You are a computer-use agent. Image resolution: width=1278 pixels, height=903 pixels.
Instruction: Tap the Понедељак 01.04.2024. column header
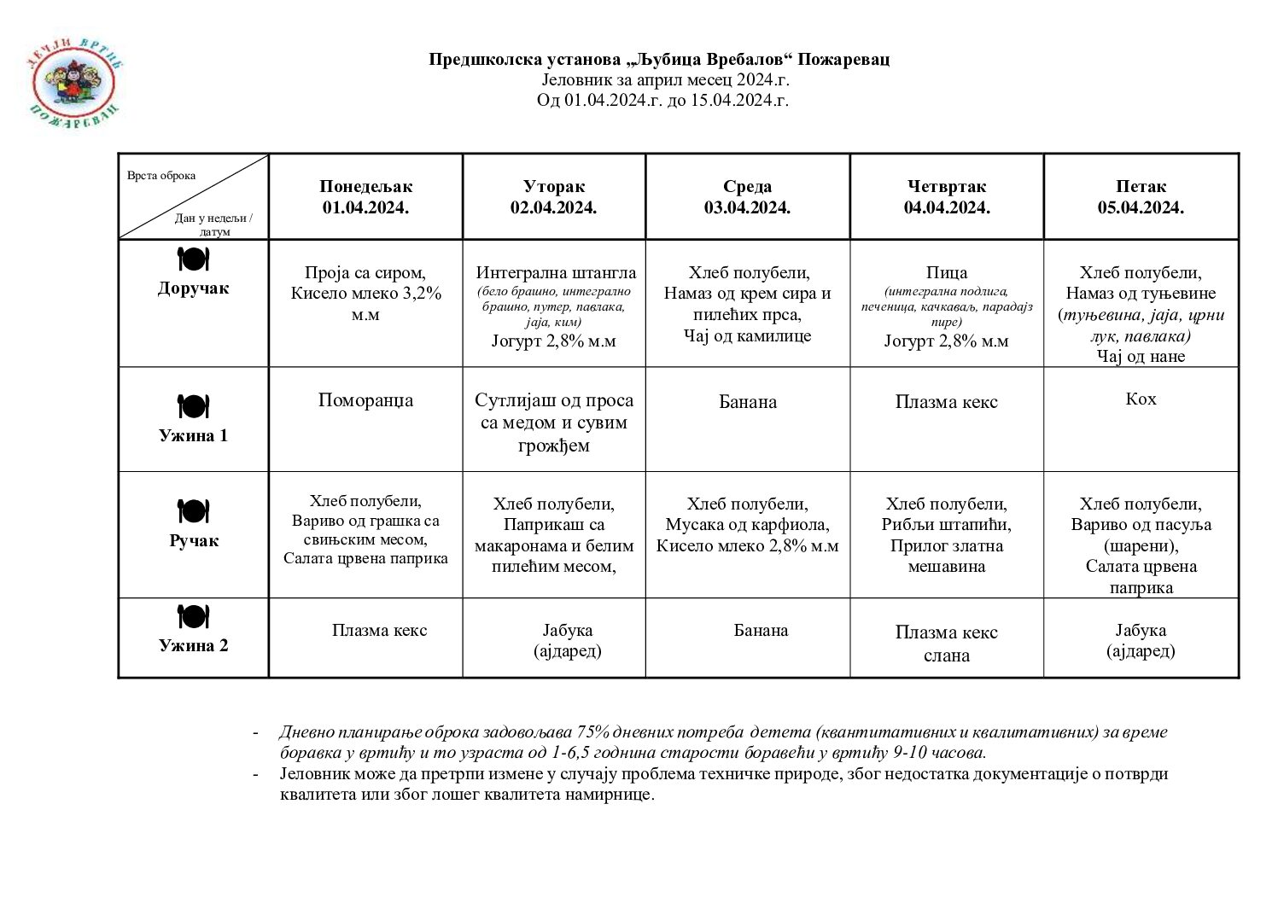click(365, 197)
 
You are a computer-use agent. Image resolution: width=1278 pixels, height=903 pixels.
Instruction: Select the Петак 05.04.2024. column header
click(1141, 197)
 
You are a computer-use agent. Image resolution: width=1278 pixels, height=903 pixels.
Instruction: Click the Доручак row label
click(194, 288)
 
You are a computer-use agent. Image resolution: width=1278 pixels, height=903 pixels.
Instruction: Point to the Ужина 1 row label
click(194, 436)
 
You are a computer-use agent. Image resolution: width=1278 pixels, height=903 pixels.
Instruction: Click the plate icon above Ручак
click(194, 511)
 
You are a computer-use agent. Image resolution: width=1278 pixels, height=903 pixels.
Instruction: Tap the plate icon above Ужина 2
click(194, 616)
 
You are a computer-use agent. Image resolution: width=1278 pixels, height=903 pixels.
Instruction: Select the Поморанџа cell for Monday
click(365, 400)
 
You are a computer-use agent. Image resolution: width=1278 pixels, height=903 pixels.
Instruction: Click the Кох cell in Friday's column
click(1141, 399)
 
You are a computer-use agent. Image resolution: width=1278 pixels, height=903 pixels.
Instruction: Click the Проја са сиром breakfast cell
click(365, 294)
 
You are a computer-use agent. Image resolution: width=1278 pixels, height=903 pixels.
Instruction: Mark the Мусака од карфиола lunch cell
click(747, 525)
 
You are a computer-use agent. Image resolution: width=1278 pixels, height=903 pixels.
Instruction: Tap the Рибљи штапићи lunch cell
click(946, 535)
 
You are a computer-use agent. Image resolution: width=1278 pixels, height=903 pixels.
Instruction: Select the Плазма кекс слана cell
click(946, 644)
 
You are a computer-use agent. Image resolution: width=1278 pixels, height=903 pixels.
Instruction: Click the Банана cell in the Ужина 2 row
click(761, 631)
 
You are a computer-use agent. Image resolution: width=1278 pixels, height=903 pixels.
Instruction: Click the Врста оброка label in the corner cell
click(161, 176)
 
